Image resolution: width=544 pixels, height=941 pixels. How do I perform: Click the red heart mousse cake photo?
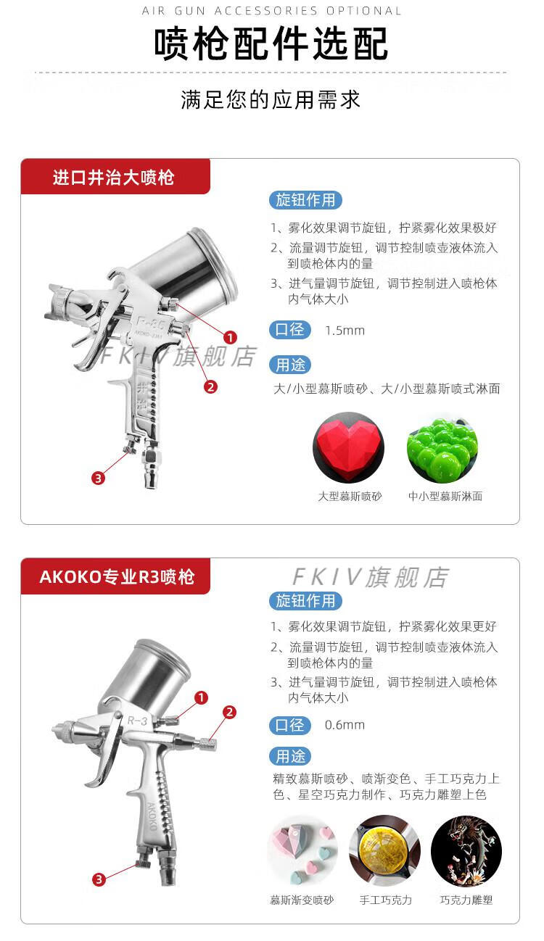(x=348, y=448)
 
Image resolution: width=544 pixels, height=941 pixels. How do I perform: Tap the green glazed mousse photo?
(x=442, y=448)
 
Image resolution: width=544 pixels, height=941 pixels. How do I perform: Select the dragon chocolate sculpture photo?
(x=466, y=851)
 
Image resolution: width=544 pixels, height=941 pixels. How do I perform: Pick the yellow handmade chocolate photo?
(x=384, y=851)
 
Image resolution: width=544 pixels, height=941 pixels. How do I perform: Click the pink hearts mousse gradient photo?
(x=302, y=851)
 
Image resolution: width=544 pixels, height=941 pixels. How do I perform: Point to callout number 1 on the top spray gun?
(x=230, y=337)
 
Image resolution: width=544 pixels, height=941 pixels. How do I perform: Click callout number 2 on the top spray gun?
(x=210, y=386)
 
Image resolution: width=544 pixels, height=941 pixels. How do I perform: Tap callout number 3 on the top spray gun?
(x=99, y=478)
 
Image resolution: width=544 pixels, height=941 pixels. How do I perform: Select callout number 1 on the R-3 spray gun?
(x=202, y=697)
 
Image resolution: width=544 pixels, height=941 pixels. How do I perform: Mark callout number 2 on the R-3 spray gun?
(x=229, y=712)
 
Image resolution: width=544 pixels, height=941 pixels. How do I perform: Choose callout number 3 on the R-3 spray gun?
(x=99, y=879)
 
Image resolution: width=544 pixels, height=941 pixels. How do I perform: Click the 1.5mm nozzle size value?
(x=345, y=331)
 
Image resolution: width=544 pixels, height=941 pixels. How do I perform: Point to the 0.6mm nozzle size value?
(x=345, y=725)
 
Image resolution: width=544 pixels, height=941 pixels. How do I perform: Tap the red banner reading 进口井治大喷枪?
(x=115, y=176)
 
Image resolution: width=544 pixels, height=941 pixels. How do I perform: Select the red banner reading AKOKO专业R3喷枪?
(x=115, y=576)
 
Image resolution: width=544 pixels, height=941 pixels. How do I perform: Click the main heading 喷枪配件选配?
(x=271, y=43)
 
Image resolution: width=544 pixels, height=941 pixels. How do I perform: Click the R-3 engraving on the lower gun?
(x=138, y=721)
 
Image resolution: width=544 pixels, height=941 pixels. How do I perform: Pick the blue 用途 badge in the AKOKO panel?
(x=290, y=757)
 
